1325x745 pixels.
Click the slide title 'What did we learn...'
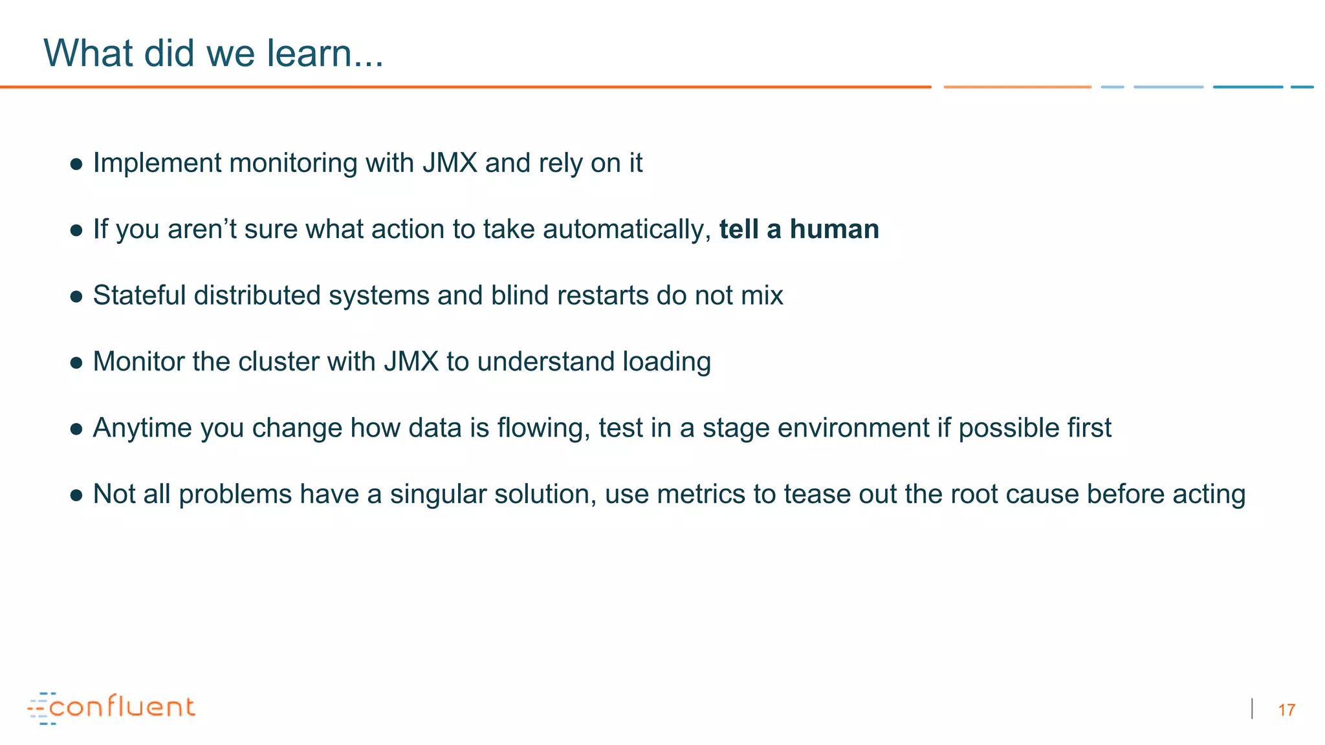click(214, 53)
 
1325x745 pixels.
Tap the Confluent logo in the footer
click(111, 707)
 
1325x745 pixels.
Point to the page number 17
click(1286, 710)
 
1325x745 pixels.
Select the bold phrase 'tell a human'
click(799, 230)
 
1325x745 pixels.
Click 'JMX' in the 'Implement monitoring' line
click(450, 163)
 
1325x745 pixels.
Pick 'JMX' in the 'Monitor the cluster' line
click(411, 362)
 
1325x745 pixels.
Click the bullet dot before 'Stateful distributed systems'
click(76, 297)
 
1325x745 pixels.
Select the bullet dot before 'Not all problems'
click(76, 495)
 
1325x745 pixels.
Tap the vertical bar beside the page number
click(1253, 709)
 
